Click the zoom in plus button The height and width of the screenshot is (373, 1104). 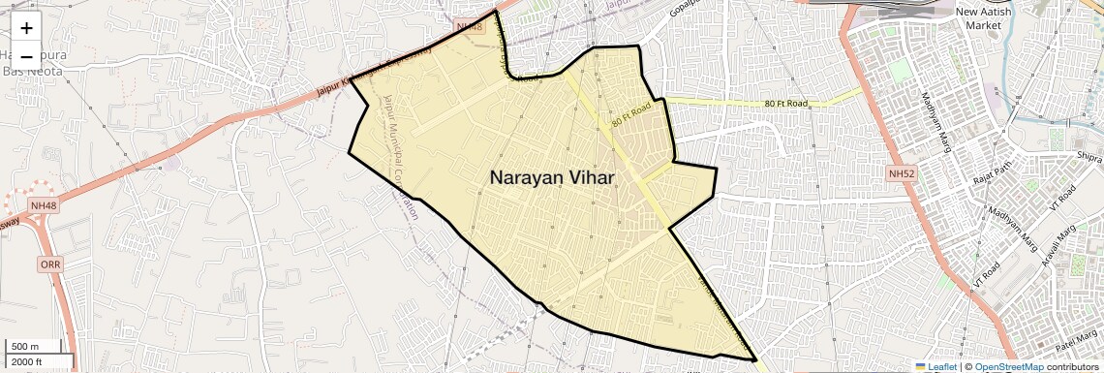[26, 28]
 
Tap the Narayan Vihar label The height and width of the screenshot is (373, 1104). [552, 177]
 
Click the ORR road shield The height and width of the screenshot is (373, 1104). [50, 264]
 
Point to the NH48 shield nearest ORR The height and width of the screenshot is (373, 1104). [43, 205]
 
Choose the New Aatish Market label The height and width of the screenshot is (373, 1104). [984, 17]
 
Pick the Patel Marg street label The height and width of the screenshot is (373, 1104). [1076, 341]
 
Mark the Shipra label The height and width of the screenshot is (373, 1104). [1089, 157]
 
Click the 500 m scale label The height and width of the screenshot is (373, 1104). [25, 347]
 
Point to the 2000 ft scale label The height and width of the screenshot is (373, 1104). [28, 362]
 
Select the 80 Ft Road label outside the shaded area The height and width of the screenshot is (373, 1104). [785, 104]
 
